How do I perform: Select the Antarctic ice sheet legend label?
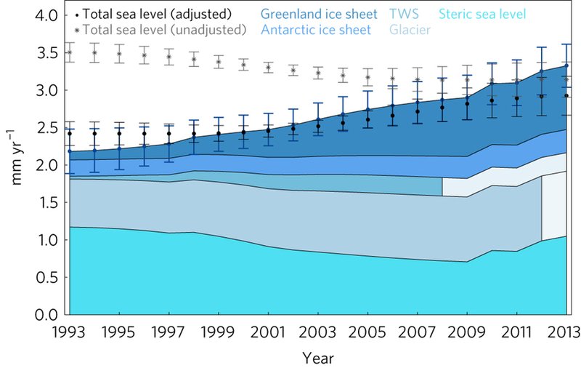tap(316, 30)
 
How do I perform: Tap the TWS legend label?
tap(403, 15)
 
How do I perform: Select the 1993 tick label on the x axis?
tap(70, 333)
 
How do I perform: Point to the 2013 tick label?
tap(566, 333)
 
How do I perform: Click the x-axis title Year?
tap(317, 358)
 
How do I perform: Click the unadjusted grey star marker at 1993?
tap(70, 52)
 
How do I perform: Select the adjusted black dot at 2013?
tap(566, 95)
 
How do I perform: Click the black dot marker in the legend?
tap(77, 15)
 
